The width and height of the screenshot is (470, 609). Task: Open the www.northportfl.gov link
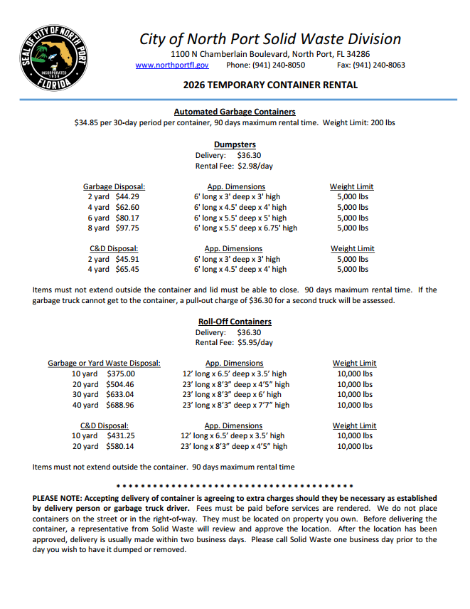[x=171, y=65]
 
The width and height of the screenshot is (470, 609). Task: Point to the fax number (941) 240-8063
[x=378, y=65]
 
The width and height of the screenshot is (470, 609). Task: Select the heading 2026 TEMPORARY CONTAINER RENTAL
[x=270, y=85]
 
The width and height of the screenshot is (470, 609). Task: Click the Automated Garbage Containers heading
[x=235, y=112]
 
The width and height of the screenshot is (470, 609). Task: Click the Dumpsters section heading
[x=235, y=144]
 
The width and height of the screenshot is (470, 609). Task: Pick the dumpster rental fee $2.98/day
[x=255, y=166]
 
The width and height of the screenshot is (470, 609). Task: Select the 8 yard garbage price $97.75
[x=127, y=228]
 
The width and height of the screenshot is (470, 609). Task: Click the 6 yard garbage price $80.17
[x=127, y=218]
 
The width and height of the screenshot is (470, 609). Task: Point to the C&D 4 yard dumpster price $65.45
[x=127, y=270]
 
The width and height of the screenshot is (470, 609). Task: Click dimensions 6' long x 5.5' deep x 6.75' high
[x=245, y=228]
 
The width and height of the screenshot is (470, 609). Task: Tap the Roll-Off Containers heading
[x=235, y=322]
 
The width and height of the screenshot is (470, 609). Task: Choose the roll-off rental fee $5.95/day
[x=255, y=342]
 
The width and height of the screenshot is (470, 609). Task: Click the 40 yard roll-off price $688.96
[x=119, y=405]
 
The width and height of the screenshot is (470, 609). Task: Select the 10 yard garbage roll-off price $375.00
[x=120, y=374]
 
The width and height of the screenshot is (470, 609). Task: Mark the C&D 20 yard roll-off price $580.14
[x=119, y=447]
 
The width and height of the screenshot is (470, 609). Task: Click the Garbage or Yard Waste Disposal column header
[x=104, y=363]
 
